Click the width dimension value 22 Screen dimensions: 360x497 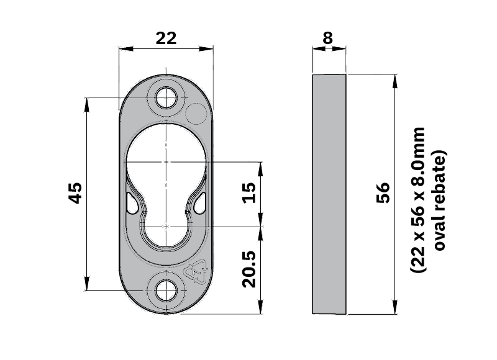point(165,38)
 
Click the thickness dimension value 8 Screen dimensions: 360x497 point(327,38)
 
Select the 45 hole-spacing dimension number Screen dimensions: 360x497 point(75,193)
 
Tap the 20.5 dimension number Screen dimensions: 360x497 point(249,269)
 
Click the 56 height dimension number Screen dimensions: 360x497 point(383,194)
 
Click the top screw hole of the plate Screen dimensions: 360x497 point(166,97)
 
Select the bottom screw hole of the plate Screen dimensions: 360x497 point(166,289)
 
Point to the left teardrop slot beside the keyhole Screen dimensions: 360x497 point(132,202)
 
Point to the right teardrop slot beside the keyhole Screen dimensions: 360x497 point(199,202)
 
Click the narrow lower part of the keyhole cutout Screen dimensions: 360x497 point(166,230)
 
